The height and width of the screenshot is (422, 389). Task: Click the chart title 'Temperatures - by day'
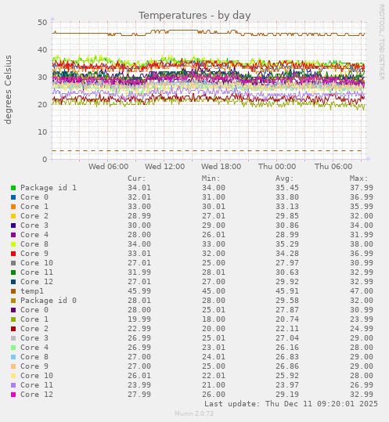pos(195,16)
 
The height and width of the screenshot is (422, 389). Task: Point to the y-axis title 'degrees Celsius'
pos(9,89)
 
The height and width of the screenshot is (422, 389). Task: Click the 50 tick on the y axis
pos(42,23)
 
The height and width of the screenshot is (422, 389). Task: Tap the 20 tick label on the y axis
pos(42,105)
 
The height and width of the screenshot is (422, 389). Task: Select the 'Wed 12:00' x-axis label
pos(164,167)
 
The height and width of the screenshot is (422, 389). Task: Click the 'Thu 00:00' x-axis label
pos(277,167)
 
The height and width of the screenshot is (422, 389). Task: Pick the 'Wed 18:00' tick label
pos(221,167)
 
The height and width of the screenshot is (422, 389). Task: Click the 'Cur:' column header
pos(136,179)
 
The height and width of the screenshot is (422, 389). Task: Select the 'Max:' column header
pos(358,179)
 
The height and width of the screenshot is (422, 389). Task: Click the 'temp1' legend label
pos(32,291)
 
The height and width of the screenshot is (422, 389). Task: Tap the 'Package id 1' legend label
pos(49,188)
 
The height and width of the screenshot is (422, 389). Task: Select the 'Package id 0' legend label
pos(49,301)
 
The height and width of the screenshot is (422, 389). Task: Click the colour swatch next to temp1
pos(13,291)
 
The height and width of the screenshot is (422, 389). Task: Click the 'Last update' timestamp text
pos(291,404)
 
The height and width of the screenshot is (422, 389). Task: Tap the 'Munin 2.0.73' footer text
pos(194,414)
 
